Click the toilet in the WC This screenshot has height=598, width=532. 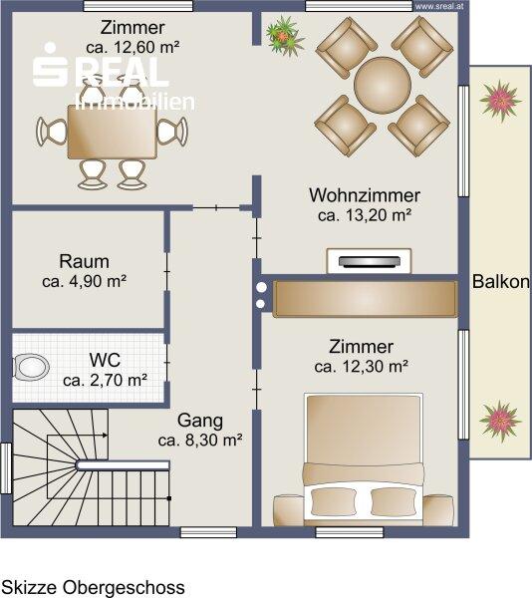(x=31, y=367)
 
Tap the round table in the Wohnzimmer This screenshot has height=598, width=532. (x=383, y=85)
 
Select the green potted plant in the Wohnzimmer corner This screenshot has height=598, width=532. (x=285, y=35)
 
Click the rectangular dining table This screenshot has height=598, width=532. (x=113, y=132)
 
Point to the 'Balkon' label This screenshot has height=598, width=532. (x=501, y=281)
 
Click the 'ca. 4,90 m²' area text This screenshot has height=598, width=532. (x=85, y=281)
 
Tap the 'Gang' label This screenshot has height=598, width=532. (x=200, y=421)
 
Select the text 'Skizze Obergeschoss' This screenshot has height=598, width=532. (x=94, y=587)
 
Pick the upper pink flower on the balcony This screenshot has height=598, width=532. (x=500, y=101)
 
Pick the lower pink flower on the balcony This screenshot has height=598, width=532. (x=500, y=421)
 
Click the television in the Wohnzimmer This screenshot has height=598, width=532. (x=370, y=261)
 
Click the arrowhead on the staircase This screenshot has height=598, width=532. (x=105, y=436)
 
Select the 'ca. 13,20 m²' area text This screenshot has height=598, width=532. (x=365, y=215)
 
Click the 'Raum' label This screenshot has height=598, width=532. (x=85, y=261)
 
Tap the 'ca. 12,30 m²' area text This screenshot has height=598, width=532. (x=362, y=367)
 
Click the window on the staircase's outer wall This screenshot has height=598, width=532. (x=6, y=468)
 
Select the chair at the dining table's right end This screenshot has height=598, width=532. (x=173, y=131)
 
